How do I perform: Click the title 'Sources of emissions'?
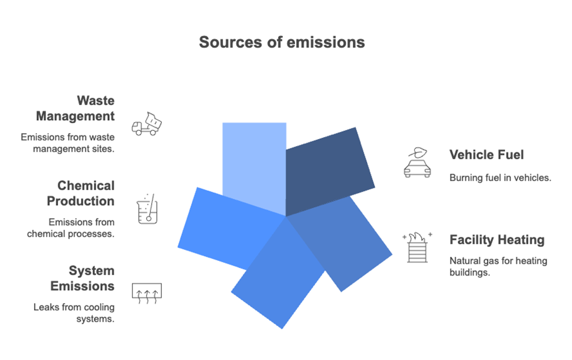[x=282, y=42]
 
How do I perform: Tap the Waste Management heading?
[x=76, y=108]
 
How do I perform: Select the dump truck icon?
[x=147, y=124]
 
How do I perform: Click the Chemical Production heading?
[x=80, y=193]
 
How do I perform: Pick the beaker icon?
[x=147, y=209]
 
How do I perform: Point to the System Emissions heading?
[x=83, y=278]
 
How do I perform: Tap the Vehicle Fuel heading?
[x=486, y=155]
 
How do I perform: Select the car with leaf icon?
[x=417, y=162]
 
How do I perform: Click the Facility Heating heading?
[x=497, y=240]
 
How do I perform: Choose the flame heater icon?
[x=417, y=247]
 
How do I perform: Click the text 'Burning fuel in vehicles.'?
[x=500, y=178]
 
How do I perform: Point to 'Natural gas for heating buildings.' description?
[x=498, y=267]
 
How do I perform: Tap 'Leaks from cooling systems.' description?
[x=74, y=313]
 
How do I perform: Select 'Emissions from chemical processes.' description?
[x=71, y=228]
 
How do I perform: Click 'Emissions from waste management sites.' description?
[x=67, y=143]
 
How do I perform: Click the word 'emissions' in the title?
[x=326, y=42]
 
